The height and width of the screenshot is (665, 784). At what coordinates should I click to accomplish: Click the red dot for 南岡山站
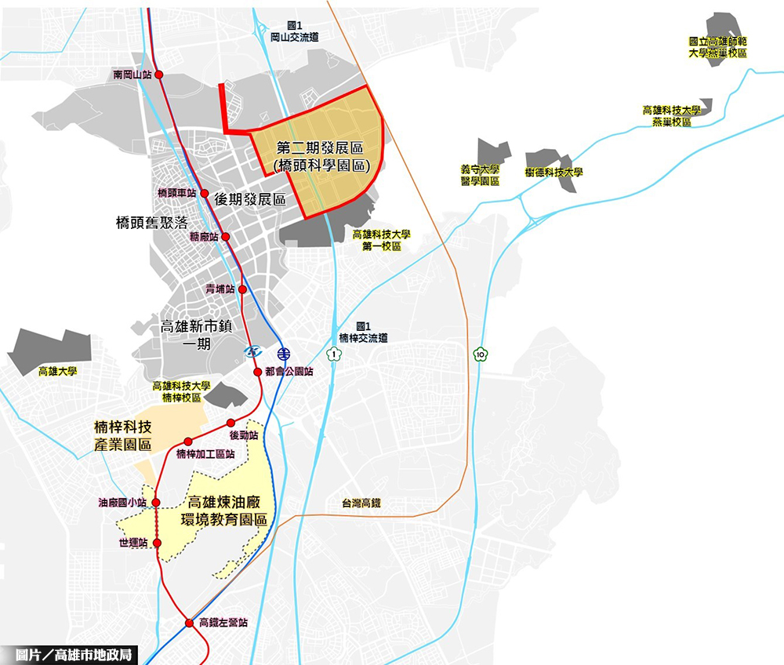[x=159, y=74]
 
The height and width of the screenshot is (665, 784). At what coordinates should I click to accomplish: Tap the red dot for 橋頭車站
[x=204, y=193]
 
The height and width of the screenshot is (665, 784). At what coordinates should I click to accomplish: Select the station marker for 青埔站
[x=242, y=289]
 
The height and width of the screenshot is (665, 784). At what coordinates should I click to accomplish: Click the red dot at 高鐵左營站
[x=189, y=623]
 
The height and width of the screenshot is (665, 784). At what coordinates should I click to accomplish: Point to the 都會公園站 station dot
[x=258, y=372]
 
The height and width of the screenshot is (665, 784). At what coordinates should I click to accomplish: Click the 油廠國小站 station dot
[x=156, y=503]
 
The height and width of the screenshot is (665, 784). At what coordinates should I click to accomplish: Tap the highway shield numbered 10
[x=480, y=354]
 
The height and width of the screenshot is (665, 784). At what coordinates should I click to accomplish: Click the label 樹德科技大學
[x=554, y=172]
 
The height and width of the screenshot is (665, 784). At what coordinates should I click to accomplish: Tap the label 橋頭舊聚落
[x=151, y=223]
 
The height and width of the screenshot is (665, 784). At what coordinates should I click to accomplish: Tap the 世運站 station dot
[x=156, y=543]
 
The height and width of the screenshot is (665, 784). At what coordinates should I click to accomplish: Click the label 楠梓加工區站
[x=205, y=454]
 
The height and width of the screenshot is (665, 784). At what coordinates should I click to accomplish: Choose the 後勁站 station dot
[x=230, y=423]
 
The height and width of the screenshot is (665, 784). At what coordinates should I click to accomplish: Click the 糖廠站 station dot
[x=225, y=237]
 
